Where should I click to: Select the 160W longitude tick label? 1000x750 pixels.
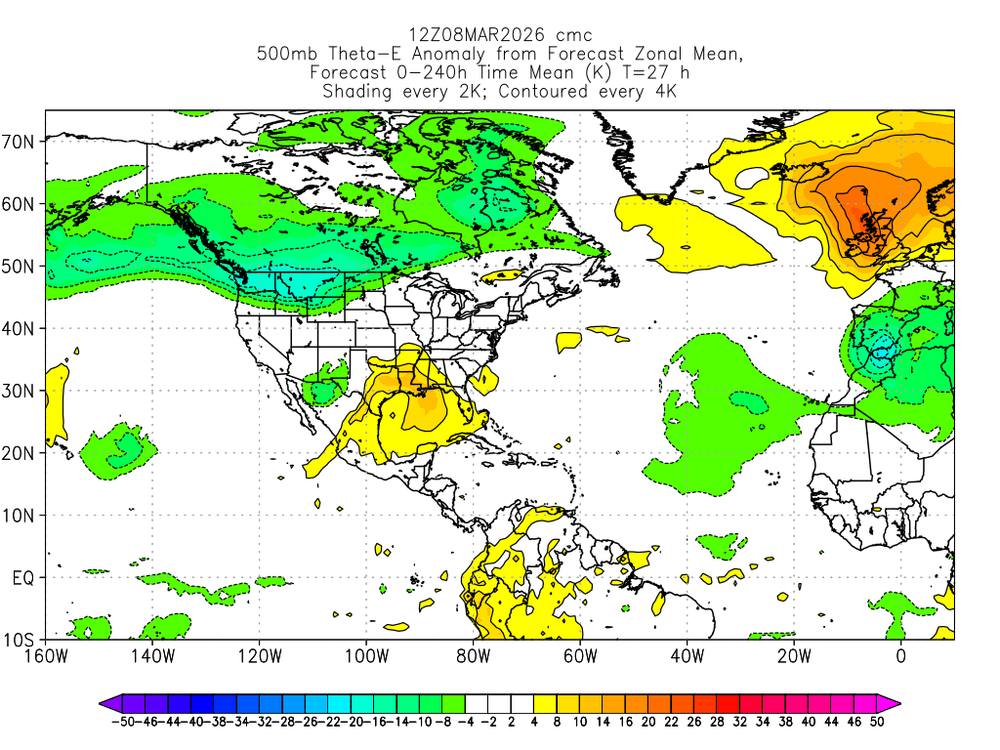point(45,656)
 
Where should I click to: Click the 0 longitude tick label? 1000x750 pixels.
point(900,656)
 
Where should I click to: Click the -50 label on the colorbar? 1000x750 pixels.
point(122,722)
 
